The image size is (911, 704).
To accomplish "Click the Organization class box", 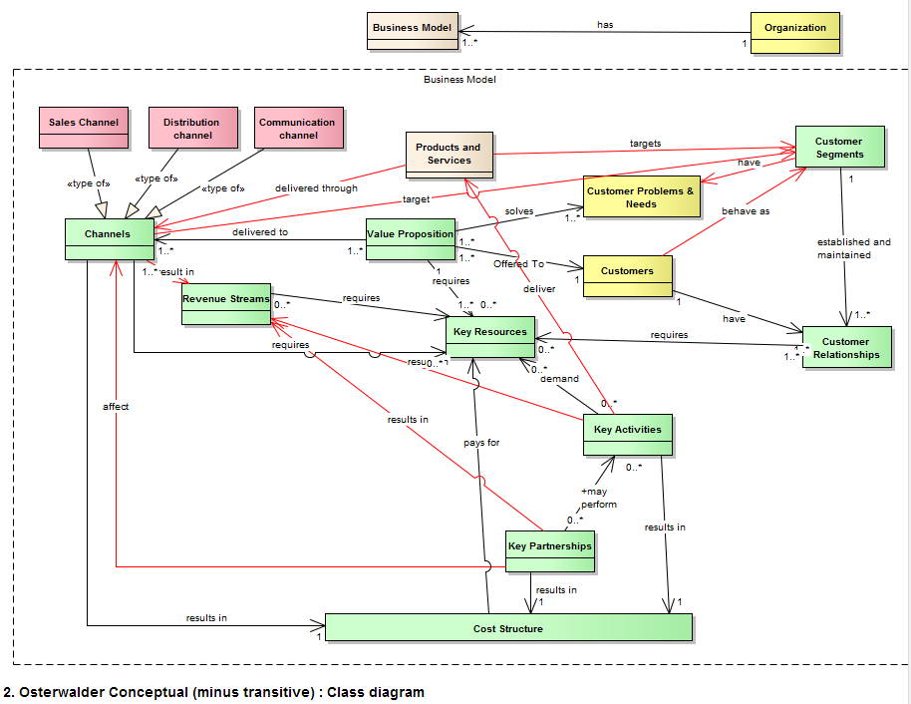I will (795, 32).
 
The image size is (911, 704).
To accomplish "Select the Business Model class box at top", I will (411, 32).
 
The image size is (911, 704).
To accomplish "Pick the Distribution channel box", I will (192, 128).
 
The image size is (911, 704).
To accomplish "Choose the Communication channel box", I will (297, 128).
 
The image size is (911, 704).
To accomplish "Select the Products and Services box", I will (449, 157).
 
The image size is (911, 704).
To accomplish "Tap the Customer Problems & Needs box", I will (641, 196).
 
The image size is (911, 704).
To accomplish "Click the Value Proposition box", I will (410, 239).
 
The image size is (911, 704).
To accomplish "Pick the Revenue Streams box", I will (226, 303).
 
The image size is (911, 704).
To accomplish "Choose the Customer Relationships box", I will (845, 347).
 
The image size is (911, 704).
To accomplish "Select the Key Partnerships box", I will (549, 551).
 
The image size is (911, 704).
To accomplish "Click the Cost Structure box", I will (508, 628).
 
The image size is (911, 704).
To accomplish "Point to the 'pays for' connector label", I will (481, 442).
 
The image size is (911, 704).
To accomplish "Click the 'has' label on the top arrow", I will (605, 24).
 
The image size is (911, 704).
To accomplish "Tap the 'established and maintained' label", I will (853, 248).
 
